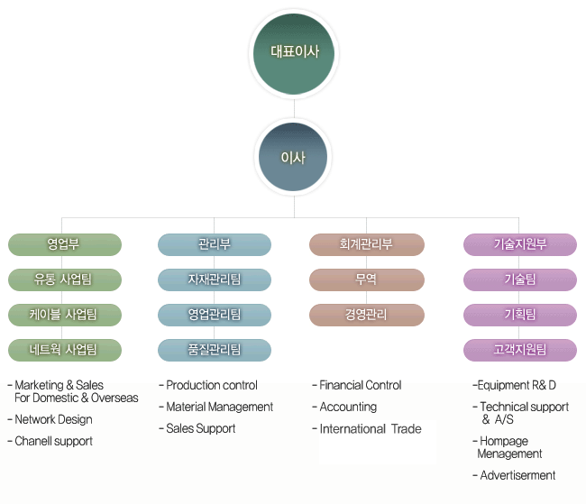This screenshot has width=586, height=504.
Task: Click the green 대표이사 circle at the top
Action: click(x=294, y=54)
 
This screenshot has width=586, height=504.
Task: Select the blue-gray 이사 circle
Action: click(x=293, y=157)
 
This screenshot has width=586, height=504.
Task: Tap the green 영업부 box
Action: click(x=65, y=244)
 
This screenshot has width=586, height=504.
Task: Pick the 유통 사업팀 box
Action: click(x=65, y=279)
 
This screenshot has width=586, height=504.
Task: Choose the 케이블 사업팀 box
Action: click(x=65, y=315)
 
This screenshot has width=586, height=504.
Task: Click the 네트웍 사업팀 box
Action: click(x=65, y=350)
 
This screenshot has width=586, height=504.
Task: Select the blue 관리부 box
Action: click(x=215, y=244)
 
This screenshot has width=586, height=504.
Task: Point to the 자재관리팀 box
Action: click(x=215, y=279)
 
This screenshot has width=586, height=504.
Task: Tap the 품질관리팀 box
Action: click(x=215, y=350)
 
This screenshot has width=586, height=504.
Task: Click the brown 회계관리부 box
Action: click(x=367, y=244)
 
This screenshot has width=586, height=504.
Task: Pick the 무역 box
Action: click(x=367, y=279)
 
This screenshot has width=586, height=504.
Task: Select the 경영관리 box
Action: click(x=367, y=315)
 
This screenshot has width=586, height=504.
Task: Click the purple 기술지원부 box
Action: click(x=520, y=244)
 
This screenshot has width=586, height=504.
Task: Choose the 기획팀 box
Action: click(x=520, y=315)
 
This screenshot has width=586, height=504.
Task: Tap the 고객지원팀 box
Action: click(x=520, y=350)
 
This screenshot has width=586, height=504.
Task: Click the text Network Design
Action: click(x=53, y=419)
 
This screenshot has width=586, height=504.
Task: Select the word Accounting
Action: click(x=348, y=407)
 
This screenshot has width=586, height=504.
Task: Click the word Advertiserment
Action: click(x=517, y=475)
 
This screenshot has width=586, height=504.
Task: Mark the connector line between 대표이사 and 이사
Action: click(x=294, y=108)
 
